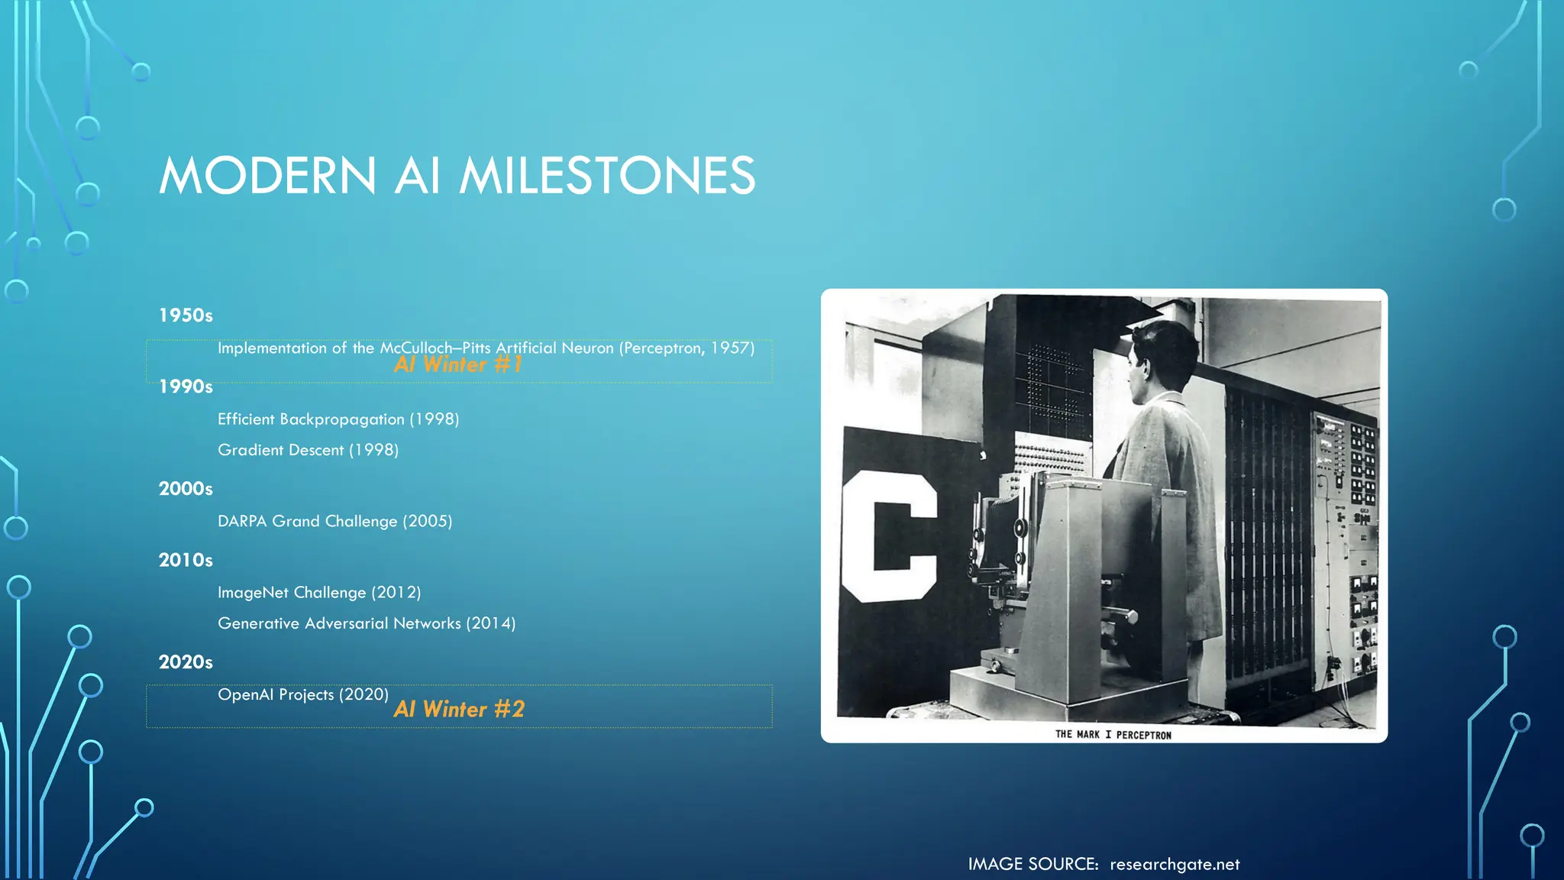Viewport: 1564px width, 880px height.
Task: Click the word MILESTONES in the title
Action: [x=607, y=176]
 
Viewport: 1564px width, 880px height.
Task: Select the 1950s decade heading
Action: [x=186, y=315]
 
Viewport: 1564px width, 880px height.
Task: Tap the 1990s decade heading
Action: [x=186, y=387]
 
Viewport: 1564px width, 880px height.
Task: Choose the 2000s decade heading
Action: [x=186, y=489]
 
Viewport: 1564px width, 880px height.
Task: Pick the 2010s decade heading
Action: [x=186, y=561]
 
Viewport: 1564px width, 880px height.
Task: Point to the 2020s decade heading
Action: [x=186, y=662]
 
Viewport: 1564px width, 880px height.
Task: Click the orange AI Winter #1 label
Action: [x=458, y=365]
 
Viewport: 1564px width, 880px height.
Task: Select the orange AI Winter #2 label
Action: [x=459, y=710]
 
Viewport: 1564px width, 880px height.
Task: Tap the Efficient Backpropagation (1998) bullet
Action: [x=338, y=419]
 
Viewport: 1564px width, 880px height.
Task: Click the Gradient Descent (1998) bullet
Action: [x=308, y=450]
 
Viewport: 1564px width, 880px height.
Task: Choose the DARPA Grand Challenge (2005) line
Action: [x=334, y=521]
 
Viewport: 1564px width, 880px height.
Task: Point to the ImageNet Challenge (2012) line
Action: [x=319, y=593]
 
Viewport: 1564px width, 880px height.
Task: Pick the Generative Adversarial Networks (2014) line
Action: [x=367, y=623]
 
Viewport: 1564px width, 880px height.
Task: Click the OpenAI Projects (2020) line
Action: [x=303, y=694]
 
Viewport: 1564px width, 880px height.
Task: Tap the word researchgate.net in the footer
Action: [x=1175, y=865]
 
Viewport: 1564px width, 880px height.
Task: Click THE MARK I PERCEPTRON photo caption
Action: [x=1113, y=735]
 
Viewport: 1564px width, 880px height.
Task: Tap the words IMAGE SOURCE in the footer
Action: [x=1032, y=865]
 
